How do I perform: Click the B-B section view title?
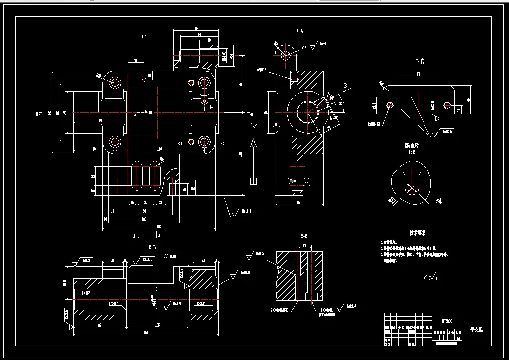click(x=153, y=246)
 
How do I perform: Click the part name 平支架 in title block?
click(x=476, y=329)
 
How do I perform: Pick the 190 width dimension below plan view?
click(x=159, y=227)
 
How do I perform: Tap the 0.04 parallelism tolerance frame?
click(x=170, y=257)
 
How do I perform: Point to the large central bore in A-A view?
click(x=307, y=112)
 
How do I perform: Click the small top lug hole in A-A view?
click(x=285, y=55)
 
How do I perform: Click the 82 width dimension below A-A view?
click(x=299, y=202)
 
